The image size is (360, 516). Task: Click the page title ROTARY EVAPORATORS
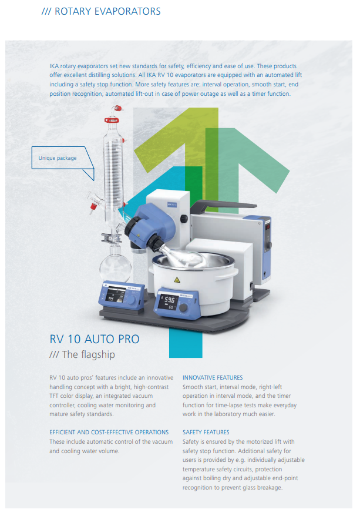point(107,11)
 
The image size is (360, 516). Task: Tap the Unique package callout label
point(58,158)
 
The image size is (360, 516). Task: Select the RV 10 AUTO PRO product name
point(95,339)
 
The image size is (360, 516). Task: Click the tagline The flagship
point(89,354)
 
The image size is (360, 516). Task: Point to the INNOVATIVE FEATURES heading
point(213,377)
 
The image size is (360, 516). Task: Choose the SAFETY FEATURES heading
point(206,432)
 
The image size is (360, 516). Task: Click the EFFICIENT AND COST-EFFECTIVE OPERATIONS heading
point(109,432)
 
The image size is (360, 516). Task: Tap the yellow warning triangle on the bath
point(177,280)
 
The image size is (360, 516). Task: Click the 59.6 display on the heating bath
point(169,300)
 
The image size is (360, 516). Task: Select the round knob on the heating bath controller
point(183,308)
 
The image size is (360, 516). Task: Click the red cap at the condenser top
point(117,108)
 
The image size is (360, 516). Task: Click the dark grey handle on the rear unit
point(224,206)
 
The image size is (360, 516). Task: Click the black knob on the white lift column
point(184,219)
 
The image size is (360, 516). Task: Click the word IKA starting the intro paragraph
point(54,66)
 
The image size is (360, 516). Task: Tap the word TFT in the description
point(54,396)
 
